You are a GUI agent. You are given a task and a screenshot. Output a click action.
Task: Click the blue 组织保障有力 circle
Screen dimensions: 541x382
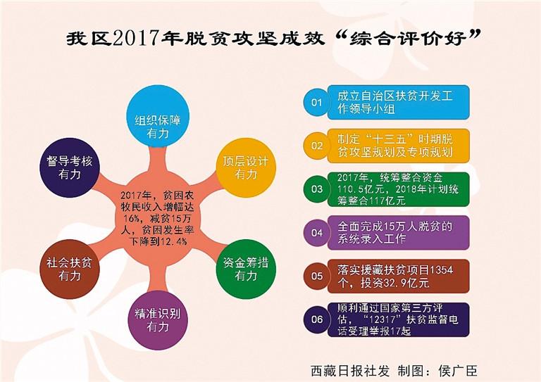click(x=157, y=115)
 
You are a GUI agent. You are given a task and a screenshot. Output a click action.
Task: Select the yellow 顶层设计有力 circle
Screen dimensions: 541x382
click(x=246, y=167)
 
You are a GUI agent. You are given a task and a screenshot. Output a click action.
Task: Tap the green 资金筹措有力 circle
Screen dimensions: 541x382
click(x=246, y=269)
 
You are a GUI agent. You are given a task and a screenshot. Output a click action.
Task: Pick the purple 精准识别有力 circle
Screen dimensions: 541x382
click(x=157, y=320)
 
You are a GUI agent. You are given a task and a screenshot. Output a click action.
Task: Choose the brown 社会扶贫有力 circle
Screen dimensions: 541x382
click(x=70, y=269)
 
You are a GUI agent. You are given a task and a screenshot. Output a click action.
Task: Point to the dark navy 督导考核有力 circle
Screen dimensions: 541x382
click(x=70, y=167)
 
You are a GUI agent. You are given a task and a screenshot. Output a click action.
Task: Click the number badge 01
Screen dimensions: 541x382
click(x=316, y=102)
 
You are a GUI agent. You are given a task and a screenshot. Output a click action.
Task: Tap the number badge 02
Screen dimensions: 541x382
click(x=316, y=146)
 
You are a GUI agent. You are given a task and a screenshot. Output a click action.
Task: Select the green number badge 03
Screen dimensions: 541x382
click(x=316, y=189)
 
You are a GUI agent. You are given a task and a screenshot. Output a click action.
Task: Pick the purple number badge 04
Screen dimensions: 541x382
click(x=316, y=233)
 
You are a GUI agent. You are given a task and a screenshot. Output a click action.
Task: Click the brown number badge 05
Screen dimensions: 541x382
click(x=316, y=276)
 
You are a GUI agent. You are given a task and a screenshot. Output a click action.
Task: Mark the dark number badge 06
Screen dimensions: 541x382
click(x=316, y=319)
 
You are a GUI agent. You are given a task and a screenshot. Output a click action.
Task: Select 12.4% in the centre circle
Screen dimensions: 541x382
click(x=173, y=241)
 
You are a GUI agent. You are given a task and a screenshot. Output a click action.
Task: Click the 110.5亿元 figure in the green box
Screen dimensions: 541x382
click(x=361, y=189)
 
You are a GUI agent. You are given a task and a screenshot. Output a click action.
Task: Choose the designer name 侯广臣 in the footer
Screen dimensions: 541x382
click(x=458, y=371)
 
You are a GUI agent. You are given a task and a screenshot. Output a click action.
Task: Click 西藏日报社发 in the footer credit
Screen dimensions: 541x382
click(x=350, y=371)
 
